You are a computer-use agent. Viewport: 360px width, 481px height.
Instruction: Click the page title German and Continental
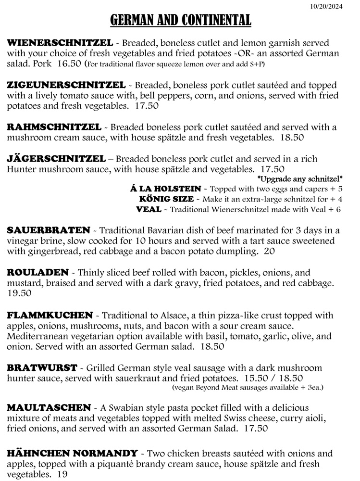[x=180, y=20]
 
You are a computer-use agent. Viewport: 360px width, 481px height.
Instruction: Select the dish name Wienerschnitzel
[x=60, y=43]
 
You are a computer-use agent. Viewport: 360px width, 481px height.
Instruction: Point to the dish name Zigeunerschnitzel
[x=66, y=85]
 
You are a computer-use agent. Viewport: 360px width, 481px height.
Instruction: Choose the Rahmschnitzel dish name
[x=54, y=127]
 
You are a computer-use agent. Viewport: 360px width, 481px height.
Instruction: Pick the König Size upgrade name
[x=167, y=199]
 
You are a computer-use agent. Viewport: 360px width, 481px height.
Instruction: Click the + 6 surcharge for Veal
[x=336, y=209]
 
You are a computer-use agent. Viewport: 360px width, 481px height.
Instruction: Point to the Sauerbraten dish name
[x=49, y=230]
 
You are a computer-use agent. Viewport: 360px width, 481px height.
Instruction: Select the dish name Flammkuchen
[x=50, y=316]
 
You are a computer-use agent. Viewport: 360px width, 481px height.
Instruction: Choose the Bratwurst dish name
[x=42, y=368]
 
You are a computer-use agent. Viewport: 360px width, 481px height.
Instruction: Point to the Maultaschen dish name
[x=49, y=407]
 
